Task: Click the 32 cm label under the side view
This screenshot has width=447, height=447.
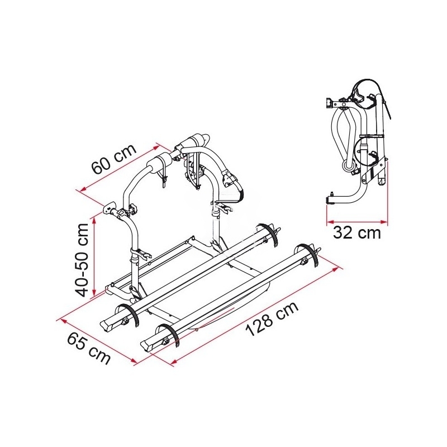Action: click(357, 233)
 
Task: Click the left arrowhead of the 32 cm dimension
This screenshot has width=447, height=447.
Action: click(330, 221)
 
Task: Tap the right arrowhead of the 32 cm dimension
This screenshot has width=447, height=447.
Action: click(384, 221)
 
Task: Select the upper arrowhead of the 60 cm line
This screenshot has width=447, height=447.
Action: click(156, 148)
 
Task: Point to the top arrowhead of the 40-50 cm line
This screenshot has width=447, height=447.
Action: click(94, 220)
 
